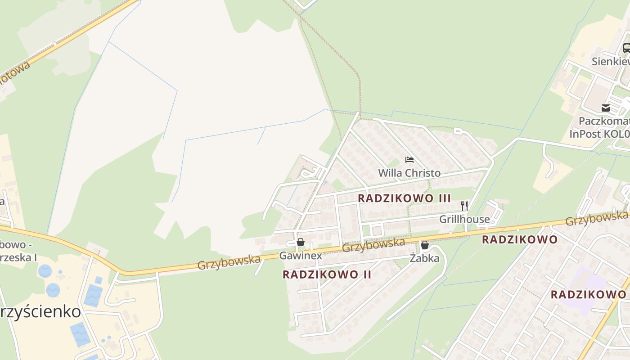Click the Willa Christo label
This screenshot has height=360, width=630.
(409, 173)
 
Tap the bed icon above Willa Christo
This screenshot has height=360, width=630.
(409, 160)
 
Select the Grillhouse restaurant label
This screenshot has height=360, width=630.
(464, 219)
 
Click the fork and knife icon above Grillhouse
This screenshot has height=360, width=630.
(464, 206)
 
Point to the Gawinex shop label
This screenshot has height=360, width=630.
(301, 256)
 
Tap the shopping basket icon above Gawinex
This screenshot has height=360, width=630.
(301, 243)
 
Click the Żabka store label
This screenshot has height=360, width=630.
(424, 258)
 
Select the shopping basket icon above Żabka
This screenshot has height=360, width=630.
(424, 245)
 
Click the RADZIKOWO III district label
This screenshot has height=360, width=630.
(404, 198)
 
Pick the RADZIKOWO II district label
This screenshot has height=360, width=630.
(327, 274)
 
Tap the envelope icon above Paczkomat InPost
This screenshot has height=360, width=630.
(606, 108)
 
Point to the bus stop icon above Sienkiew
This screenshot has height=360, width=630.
(626, 48)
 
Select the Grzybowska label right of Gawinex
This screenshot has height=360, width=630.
(373, 245)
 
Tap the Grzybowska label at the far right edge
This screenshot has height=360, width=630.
(596, 218)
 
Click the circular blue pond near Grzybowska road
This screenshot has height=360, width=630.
(45, 271)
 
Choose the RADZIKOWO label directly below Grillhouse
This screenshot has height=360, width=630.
(519, 239)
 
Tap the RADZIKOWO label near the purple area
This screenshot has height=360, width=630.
(588, 295)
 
